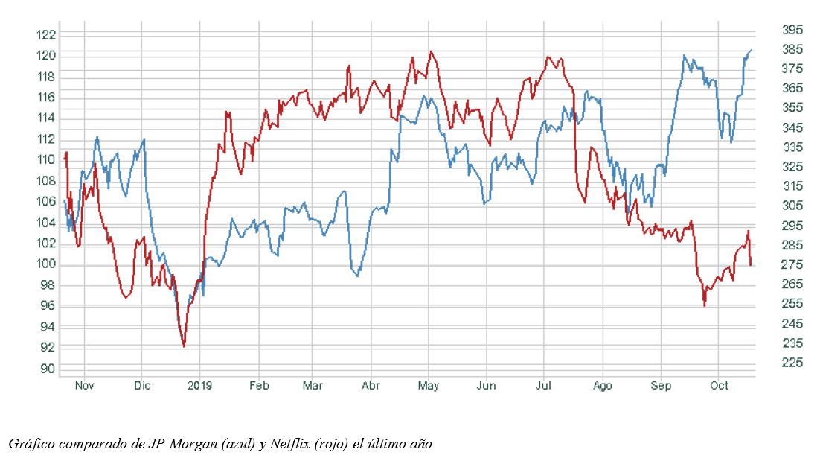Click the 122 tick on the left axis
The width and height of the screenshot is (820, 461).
46,34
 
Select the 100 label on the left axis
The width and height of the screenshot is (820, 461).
46,264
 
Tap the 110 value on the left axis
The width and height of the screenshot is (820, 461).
46,160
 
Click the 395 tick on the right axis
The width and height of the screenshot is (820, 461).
792,30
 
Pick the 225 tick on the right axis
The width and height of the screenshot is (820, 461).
792,363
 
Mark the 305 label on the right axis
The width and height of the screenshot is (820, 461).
792,206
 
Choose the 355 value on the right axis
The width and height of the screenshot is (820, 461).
792,108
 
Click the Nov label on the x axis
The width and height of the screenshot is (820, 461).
84,386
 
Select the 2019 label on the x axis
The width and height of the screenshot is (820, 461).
199,386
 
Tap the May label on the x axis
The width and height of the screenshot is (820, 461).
429,386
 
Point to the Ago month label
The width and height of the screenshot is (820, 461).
602,386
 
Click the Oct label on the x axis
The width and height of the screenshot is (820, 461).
719,386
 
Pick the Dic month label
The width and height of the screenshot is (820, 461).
142,386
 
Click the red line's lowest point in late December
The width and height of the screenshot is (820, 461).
184,346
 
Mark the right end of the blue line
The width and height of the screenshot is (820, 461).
751,50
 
